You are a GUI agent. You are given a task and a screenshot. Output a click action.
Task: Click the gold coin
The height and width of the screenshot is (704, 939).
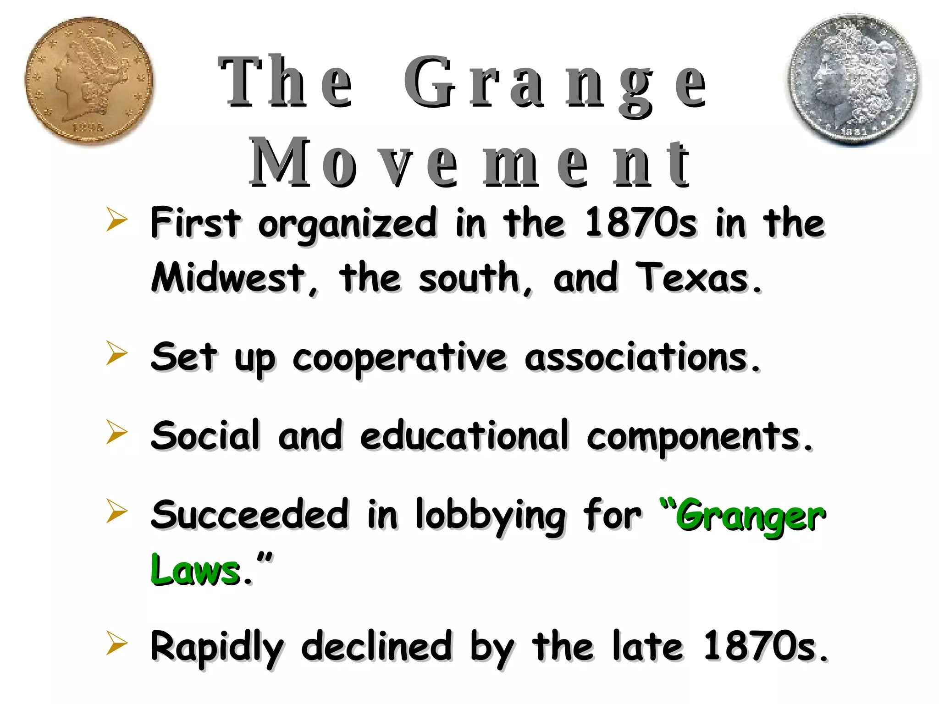coord(89,81)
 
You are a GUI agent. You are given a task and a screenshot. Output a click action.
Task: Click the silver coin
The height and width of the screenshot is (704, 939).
coord(854,80)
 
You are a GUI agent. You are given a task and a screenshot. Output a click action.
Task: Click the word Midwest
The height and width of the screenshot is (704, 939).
coord(228,277)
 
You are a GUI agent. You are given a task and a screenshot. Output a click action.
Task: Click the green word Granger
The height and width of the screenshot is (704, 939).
coord(750,516)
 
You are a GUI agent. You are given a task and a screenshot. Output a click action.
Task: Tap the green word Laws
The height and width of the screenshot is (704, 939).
coord(195,570)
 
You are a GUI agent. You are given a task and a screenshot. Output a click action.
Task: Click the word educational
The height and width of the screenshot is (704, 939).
coord(464,435)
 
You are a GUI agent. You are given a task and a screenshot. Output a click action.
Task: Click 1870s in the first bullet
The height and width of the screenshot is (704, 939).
coord(641,223)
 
